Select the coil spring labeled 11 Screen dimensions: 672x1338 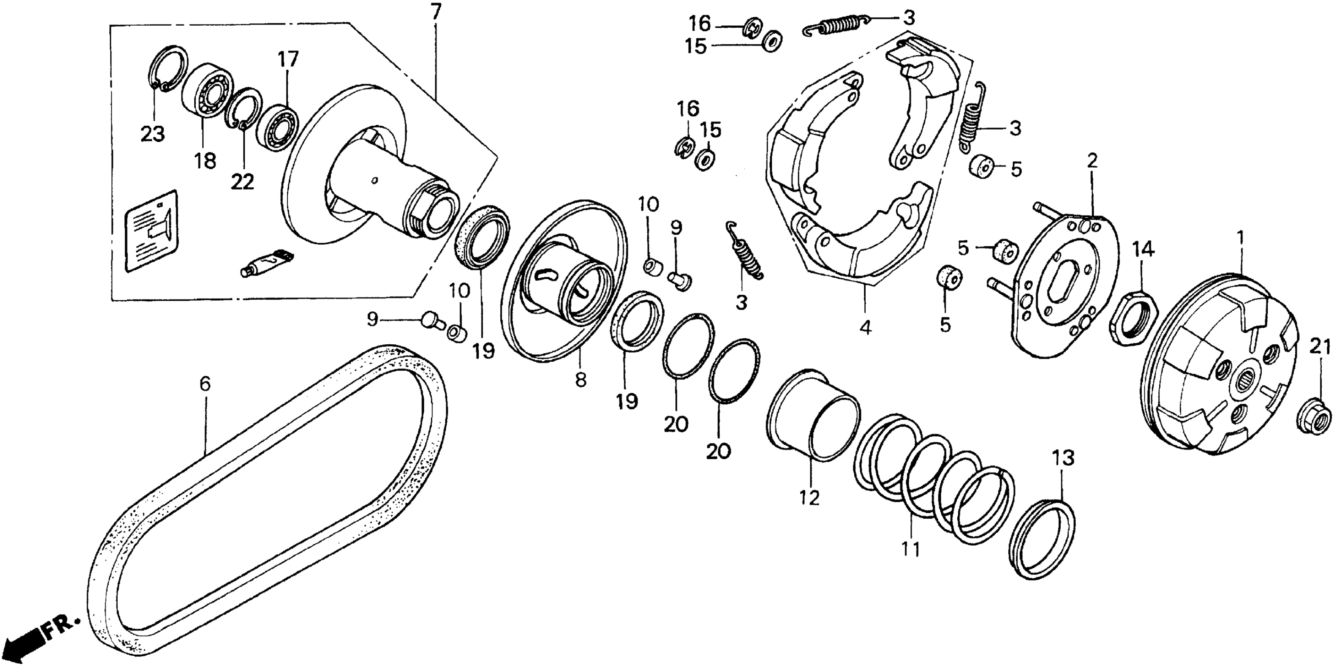coord(935,483)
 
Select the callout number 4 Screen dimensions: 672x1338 coord(865,327)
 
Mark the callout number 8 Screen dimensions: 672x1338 coord(581,380)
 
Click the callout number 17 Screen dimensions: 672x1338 coord(288,59)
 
